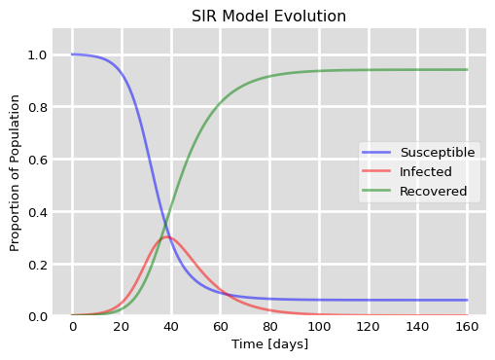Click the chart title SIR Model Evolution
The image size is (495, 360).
(x=269, y=17)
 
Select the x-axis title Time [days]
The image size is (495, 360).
(x=269, y=344)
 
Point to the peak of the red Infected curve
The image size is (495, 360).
(x=166, y=236)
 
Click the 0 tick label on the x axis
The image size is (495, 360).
(x=72, y=328)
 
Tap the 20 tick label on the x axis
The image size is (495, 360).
(x=122, y=328)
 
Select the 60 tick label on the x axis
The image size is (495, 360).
(x=220, y=328)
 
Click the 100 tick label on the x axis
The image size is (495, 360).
(x=319, y=328)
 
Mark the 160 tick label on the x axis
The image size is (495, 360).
(x=467, y=328)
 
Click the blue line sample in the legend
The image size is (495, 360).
(x=374, y=153)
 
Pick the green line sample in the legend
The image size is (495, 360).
(x=374, y=192)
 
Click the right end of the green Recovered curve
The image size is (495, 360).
(x=467, y=69)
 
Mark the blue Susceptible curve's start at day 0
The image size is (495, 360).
(x=72, y=54)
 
